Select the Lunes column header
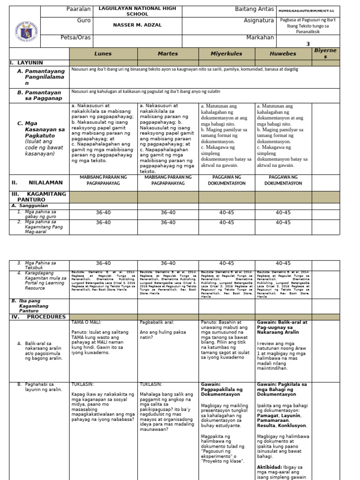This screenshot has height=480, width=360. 103,54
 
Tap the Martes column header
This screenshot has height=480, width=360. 168,54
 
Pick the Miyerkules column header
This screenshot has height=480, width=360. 226,54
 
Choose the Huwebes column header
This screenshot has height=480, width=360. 283,54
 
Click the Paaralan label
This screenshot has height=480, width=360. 79,10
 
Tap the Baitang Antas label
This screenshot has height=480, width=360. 254,10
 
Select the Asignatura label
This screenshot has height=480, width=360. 259,21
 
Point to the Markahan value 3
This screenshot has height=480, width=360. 308,44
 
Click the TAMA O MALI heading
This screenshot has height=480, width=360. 86,322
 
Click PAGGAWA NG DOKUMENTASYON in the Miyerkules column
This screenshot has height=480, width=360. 226,180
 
